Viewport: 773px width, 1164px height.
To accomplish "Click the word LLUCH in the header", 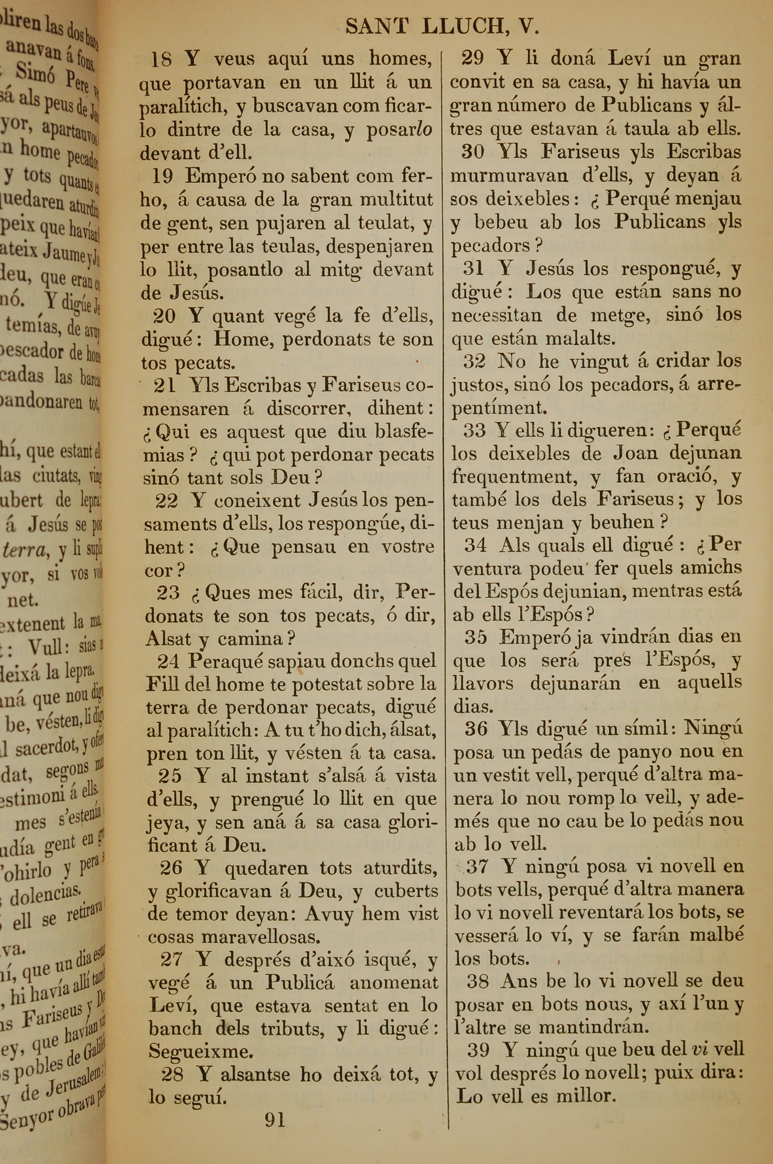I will click(x=465, y=27).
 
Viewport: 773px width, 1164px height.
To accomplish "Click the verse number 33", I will click(x=475, y=431).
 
